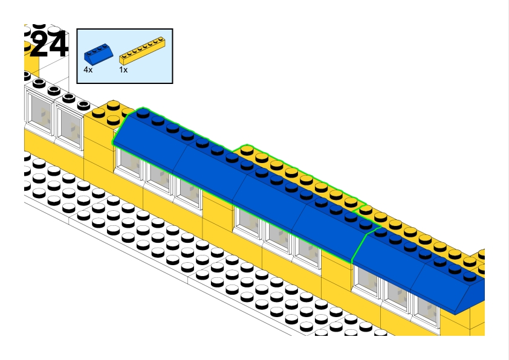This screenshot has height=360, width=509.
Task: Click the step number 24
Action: (x=48, y=45)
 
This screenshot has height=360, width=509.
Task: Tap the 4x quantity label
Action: (x=88, y=70)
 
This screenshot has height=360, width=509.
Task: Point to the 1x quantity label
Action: (x=123, y=70)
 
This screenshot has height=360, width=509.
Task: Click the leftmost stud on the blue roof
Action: (x=143, y=113)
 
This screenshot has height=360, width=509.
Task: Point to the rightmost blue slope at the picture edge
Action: (x=453, y=284)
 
